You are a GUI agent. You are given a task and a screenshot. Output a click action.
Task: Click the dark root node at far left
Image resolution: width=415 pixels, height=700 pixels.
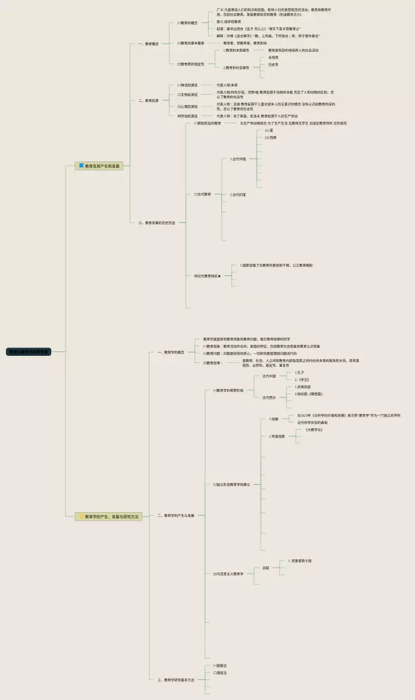point(29,352)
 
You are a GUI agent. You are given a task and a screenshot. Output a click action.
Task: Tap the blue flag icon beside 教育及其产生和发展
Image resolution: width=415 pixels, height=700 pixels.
point(82,166)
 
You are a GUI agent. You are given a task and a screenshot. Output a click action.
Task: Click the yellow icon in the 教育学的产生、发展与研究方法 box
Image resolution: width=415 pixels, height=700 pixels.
point(81,517)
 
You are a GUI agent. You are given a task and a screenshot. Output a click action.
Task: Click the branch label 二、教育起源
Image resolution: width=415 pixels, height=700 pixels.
point(148,100)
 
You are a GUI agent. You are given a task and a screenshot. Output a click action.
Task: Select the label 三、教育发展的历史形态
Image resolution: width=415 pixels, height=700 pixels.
point(157,222)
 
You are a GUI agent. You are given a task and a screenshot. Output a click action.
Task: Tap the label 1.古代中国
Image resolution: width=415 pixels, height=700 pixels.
point(238,158)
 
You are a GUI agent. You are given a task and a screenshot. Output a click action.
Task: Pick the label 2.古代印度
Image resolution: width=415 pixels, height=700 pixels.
point(238,194)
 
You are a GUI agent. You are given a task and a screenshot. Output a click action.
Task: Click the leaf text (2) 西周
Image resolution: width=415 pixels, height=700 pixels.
point(270,137)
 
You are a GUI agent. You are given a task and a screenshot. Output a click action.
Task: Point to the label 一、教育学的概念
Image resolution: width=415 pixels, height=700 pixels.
point(171,352)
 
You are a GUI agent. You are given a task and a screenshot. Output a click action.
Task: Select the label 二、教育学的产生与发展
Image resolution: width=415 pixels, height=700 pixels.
point(176,515)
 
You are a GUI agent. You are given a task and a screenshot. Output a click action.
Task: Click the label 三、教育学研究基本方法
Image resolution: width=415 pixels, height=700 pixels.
point(176,680)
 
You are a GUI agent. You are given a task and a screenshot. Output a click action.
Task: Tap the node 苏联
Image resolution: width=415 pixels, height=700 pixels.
point(266,568)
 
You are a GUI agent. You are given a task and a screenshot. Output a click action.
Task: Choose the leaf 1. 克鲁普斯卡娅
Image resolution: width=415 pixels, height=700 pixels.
point(300,561)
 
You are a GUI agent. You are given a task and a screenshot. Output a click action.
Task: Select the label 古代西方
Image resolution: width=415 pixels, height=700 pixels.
point(269,397)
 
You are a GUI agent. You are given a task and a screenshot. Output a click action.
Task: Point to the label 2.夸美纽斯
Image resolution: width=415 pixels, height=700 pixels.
point(277,436)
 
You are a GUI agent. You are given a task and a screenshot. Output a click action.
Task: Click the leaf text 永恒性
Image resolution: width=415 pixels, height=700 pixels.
point(274,57)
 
